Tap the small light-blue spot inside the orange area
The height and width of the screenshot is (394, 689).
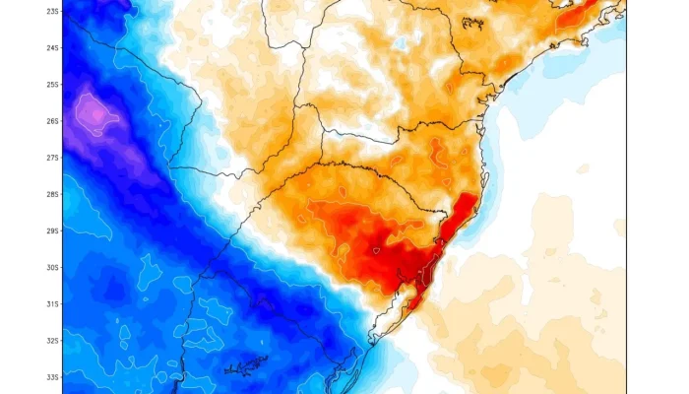point(400,44)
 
